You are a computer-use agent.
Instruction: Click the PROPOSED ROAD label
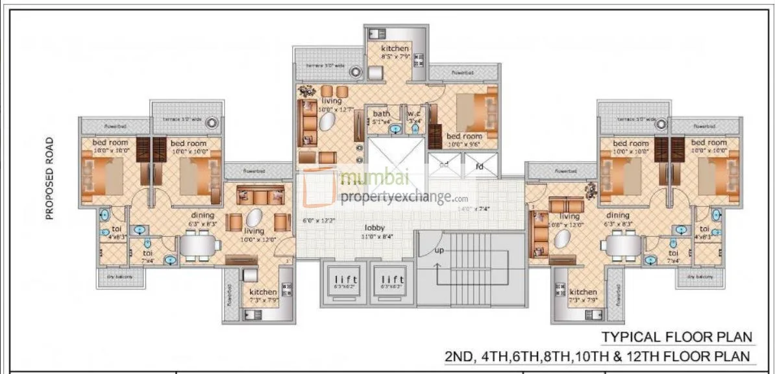pyautogui.click(x=49, y=178)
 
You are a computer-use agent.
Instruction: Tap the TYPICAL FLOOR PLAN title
pyautogui.click(x=677, y=337)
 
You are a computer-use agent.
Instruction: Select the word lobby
pyautogui.click(x=375, y=228)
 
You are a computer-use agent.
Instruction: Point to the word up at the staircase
pyautogui.click(x=439, y=250)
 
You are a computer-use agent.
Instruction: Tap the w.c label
pyautogui.click(x=415, y=114)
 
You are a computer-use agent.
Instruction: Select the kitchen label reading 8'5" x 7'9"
pyautogui.click(x=395, y=57)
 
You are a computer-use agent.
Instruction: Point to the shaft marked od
pyautogui.click(x=444, y=166)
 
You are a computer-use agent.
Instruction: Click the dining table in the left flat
pyautogui.click(x=197, y=246)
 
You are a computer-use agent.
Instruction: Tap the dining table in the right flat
pyautogui.click(x=621, y=246)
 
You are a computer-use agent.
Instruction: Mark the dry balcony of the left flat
pyautogui.click(x=119, y=277)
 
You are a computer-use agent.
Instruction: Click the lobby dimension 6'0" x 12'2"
pyautogui.click(x=319, y=221)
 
